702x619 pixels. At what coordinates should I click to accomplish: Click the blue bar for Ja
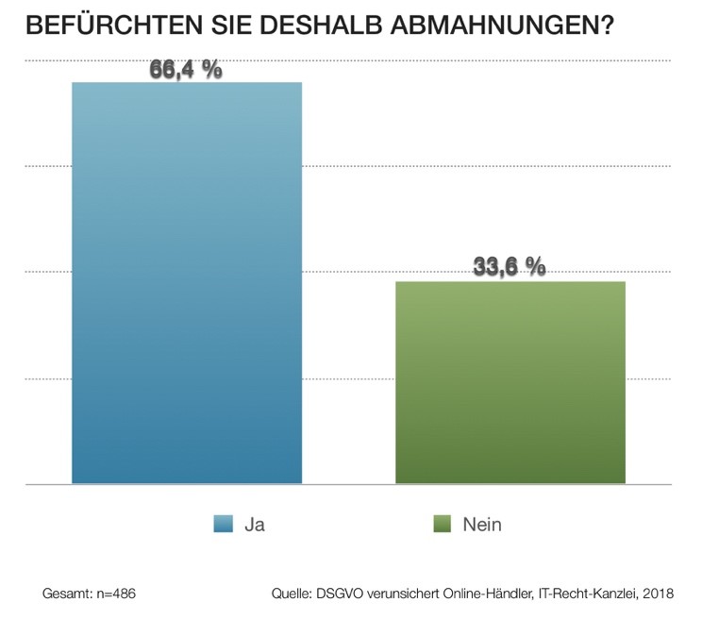pyautogui.click(x=187, y=283)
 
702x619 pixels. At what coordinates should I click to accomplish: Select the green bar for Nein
pyautogui.click(x=510, y=382)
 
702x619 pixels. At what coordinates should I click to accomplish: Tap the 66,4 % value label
pyautogui.click(x=186, y=69)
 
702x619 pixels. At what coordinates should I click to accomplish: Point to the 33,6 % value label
pyautogui.click(x=510, y=268)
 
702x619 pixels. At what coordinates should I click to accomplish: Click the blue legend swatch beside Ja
pyautogui.click(x=224, y=525)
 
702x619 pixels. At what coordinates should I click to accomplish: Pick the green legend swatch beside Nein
pyautogui.click(x=440, y=525)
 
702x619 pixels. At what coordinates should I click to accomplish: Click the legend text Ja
pyautogui.click(x=254, y=525)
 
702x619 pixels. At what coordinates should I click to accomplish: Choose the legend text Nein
pyautogui.click(x=482, y=525)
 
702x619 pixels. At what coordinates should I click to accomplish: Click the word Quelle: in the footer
pyautogui.click(x=292, y=595)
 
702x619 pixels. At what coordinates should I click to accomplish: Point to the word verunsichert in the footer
pyautogui.click(x=400, y=595)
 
